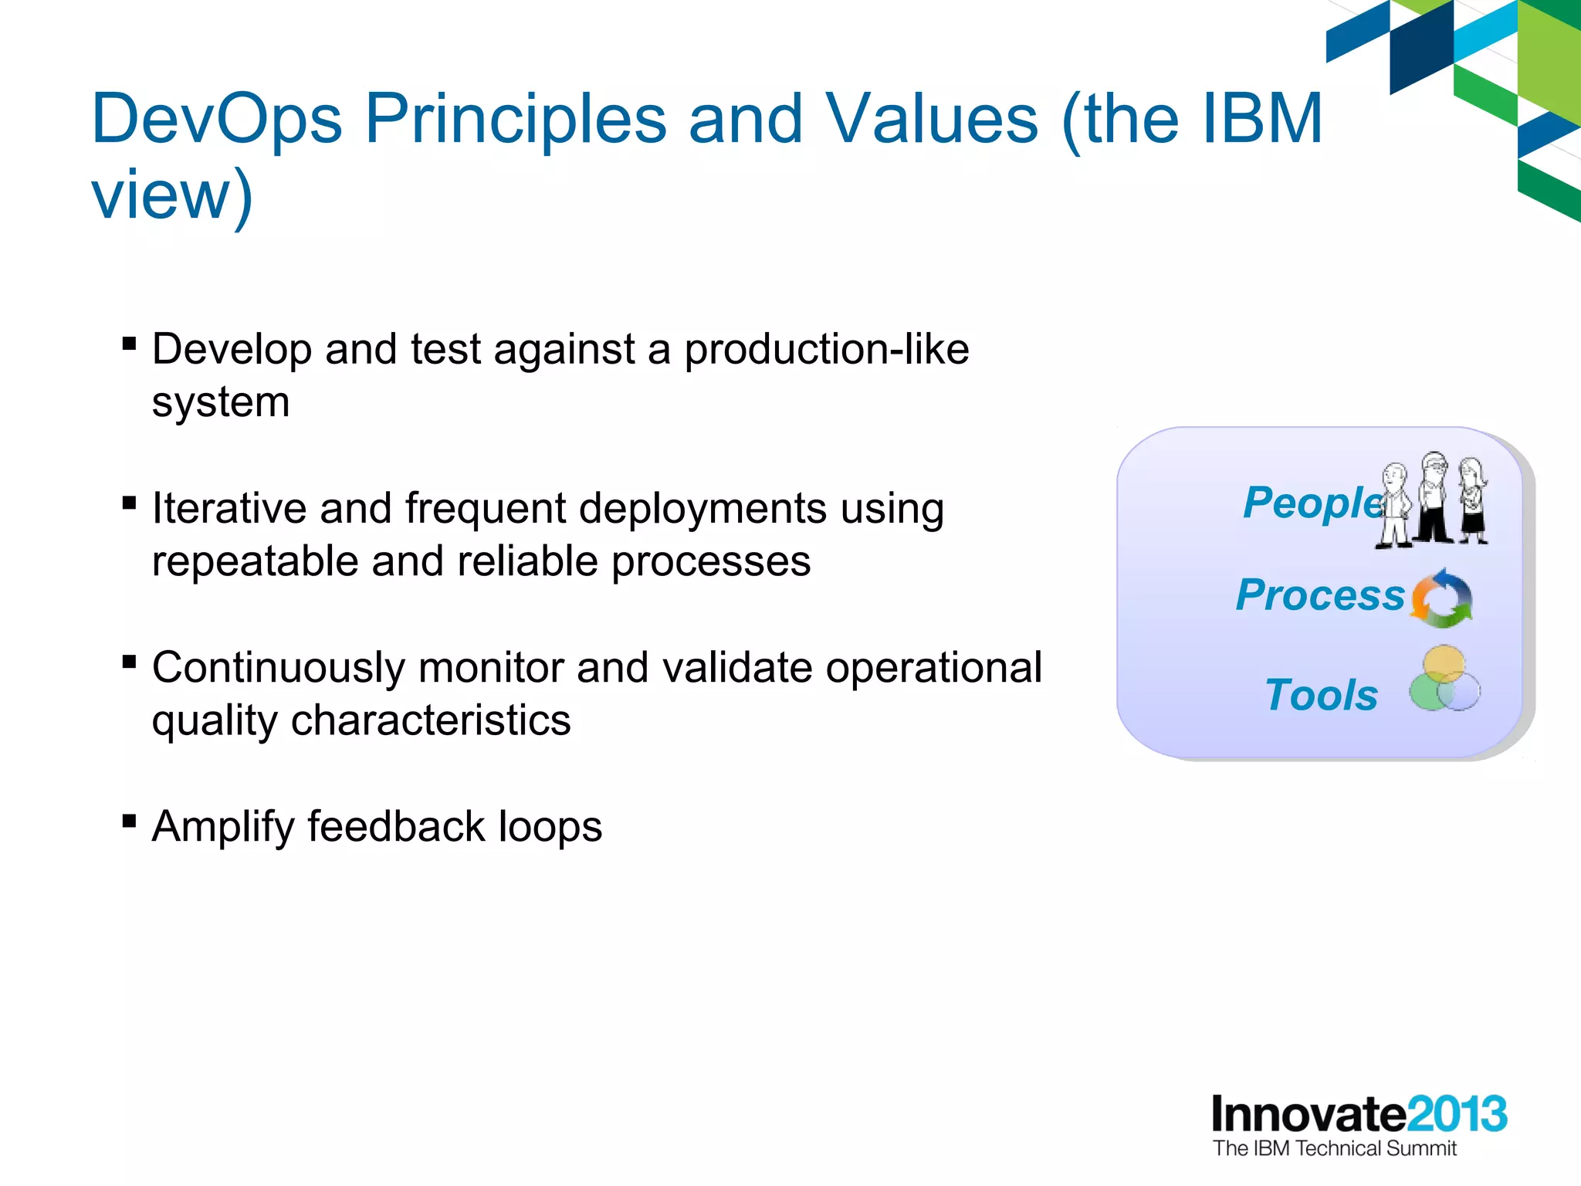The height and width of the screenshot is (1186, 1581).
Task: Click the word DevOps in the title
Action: coord(217,119)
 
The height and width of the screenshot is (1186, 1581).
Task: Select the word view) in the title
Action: coord(171,195)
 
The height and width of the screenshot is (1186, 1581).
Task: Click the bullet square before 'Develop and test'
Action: coord(129,343)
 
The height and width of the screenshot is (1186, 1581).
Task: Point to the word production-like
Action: coord(826,349)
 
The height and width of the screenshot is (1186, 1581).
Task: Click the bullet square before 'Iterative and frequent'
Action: coord(129,503)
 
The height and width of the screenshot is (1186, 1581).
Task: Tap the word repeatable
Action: coord(255,561)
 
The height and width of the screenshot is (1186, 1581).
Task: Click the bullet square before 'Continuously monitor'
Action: coord(129,662)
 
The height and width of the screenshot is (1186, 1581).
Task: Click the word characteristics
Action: coord(430,720)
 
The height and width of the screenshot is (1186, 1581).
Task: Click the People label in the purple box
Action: coord(1312,503)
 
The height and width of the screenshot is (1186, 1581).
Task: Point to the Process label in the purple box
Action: coord(1320,595)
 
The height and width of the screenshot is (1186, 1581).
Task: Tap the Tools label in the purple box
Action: coord(1321,695)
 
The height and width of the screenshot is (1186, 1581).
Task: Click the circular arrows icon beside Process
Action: coord(1441,598)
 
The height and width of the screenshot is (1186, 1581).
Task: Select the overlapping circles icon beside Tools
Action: coord(1444,679)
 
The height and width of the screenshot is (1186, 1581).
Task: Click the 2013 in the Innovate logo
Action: coord(1457,1114)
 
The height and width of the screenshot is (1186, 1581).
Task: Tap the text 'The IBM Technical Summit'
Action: coord(1334,1149)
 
